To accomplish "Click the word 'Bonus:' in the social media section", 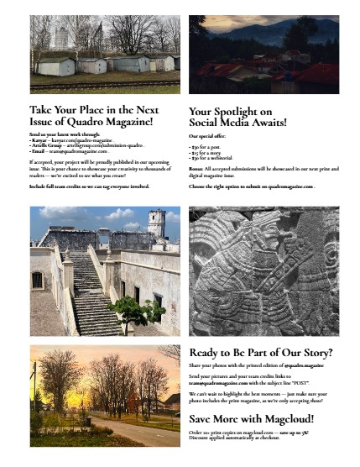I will tap(199, 168).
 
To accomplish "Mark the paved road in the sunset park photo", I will tap(138, 432).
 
